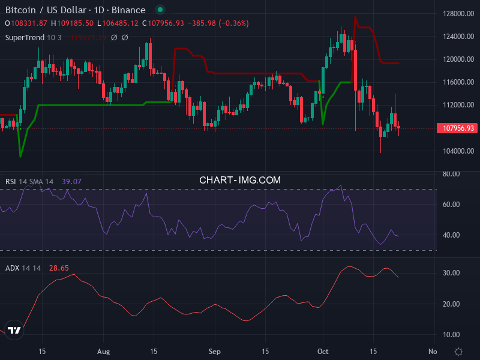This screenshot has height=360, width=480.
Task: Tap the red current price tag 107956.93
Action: [459, 128]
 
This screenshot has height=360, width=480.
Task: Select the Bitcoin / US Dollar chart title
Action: [75, 10]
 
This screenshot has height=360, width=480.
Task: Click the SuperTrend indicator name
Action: [25, 37]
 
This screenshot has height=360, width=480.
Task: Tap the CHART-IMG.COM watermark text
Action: [240, 180]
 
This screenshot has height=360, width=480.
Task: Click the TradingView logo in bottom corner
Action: [15, 330]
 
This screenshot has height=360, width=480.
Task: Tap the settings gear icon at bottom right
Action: [459, 351]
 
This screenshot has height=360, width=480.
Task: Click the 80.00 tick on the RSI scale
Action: [451, 174]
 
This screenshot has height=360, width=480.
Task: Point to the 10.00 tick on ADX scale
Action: [451, 335]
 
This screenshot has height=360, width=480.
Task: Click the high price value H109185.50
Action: [72, 23]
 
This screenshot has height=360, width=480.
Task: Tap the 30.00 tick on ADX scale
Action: [451, 273]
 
